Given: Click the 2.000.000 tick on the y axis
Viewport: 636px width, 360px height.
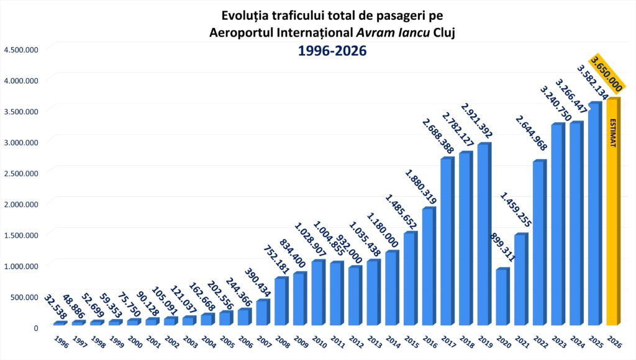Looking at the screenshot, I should click(x=21, y=204).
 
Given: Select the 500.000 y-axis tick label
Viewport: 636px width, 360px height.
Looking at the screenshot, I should click(x=24, y=297).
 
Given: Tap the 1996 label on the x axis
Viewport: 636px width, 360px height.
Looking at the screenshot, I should click(x=61, y=341).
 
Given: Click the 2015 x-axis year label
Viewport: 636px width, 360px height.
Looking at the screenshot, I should click(x=411, y=341).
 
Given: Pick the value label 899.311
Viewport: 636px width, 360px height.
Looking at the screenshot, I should click(x=502, y=247).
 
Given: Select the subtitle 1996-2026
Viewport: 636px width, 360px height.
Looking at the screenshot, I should click(x=332, y=51).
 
